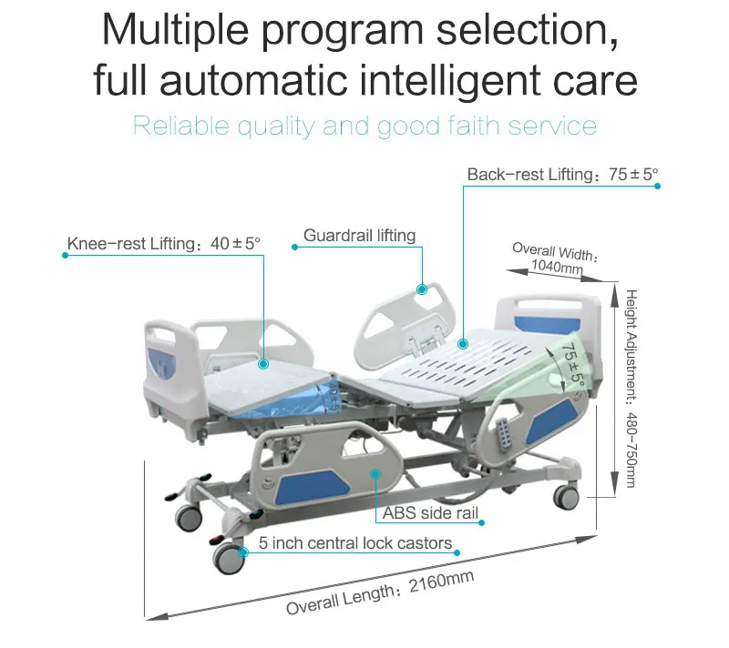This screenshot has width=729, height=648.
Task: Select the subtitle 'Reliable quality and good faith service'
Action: (364, 125)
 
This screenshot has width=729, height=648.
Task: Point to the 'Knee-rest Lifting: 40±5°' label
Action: (164, 244)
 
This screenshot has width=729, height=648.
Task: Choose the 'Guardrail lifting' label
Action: (359, 236)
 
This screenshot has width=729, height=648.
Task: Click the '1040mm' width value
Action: (557, 268)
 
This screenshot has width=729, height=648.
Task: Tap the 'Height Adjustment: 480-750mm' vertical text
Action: (631, 388)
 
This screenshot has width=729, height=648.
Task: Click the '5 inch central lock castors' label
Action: (354, 543)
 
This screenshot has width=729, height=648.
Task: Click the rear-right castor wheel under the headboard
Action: (566, 496)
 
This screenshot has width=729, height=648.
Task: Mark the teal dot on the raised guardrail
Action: (423, 289)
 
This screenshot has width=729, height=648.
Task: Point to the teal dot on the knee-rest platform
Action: (263, 363)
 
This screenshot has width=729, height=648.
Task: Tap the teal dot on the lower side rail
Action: (374, 472)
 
